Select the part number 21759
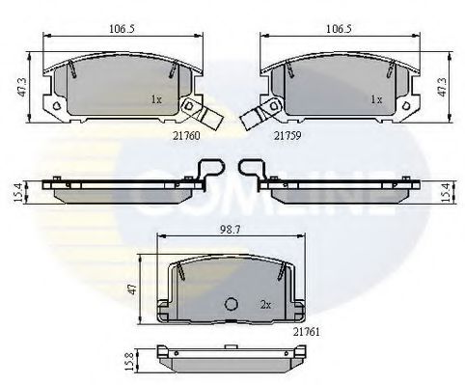click(287, 136)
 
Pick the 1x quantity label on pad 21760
click(156, 99)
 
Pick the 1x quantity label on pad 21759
click(377, 99)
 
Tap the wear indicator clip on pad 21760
click(201, 112)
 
